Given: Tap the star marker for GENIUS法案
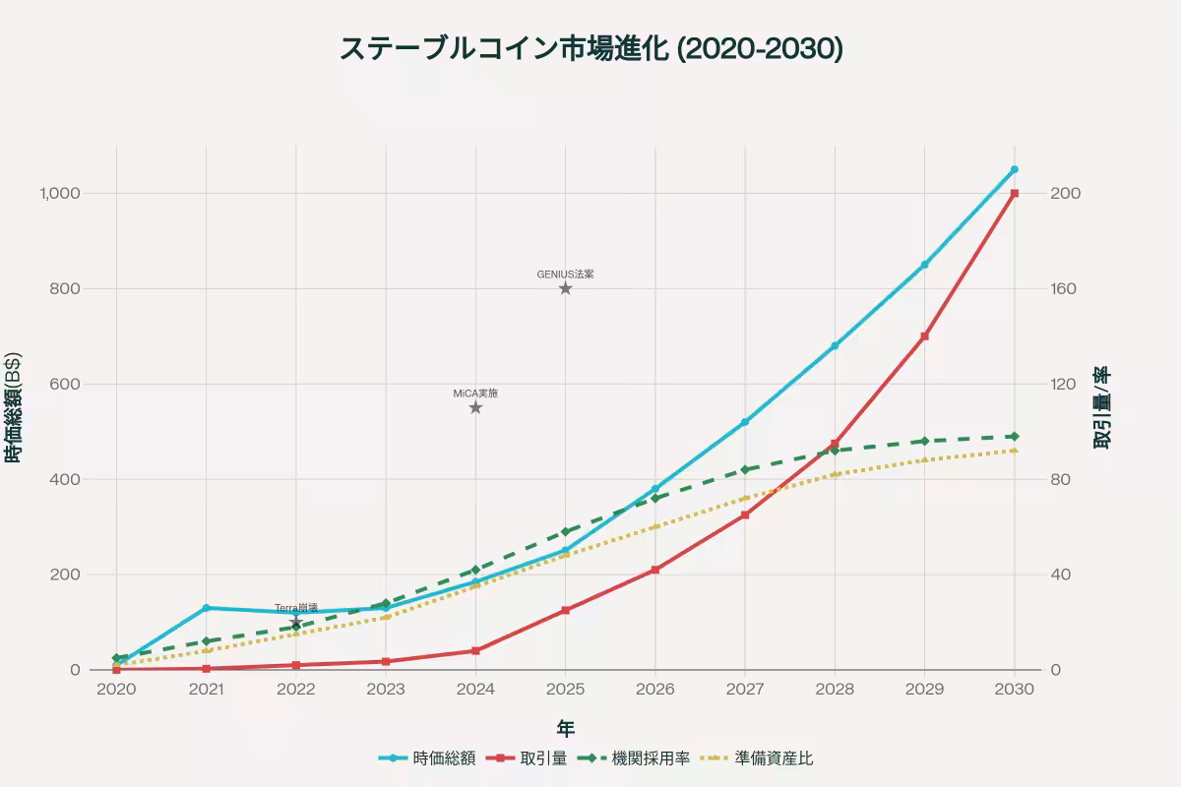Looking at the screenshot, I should pos(565,288).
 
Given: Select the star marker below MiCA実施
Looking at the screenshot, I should pos(475,407).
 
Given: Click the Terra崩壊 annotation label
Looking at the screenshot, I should pos(295,608).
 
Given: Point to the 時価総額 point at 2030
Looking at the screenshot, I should pos(1014,169).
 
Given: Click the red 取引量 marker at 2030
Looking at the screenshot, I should pos(1014,193).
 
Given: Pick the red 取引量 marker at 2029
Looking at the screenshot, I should pos(924,336).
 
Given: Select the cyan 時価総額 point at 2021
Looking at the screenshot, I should pos(206,608).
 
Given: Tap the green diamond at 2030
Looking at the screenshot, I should pos(1014,436).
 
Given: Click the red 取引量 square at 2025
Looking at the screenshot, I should pos(565,610).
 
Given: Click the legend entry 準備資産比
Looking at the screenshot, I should pos(774,758).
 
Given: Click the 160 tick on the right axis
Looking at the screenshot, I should pos(1065,288).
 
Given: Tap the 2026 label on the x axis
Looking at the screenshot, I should pos(654,690).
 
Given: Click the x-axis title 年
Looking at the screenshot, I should pos(566,728).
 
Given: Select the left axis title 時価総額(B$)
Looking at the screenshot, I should pos(14,408).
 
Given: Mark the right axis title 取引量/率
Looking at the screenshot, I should pos(1102,408).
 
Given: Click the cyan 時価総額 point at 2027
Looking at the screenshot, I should pos(744,422).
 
